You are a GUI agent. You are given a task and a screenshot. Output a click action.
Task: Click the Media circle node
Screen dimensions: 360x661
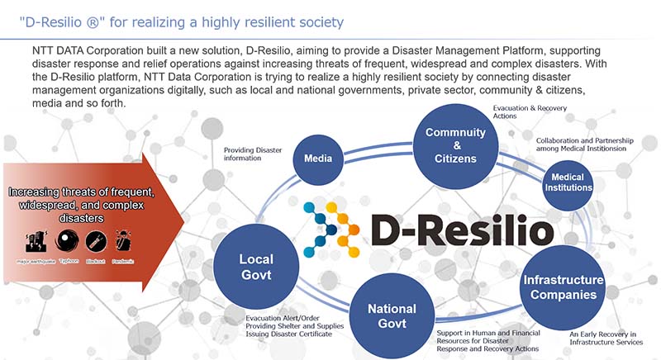click(x=318, y=158)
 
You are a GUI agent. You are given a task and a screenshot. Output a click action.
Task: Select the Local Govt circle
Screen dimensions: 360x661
click(x=255, y=268)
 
